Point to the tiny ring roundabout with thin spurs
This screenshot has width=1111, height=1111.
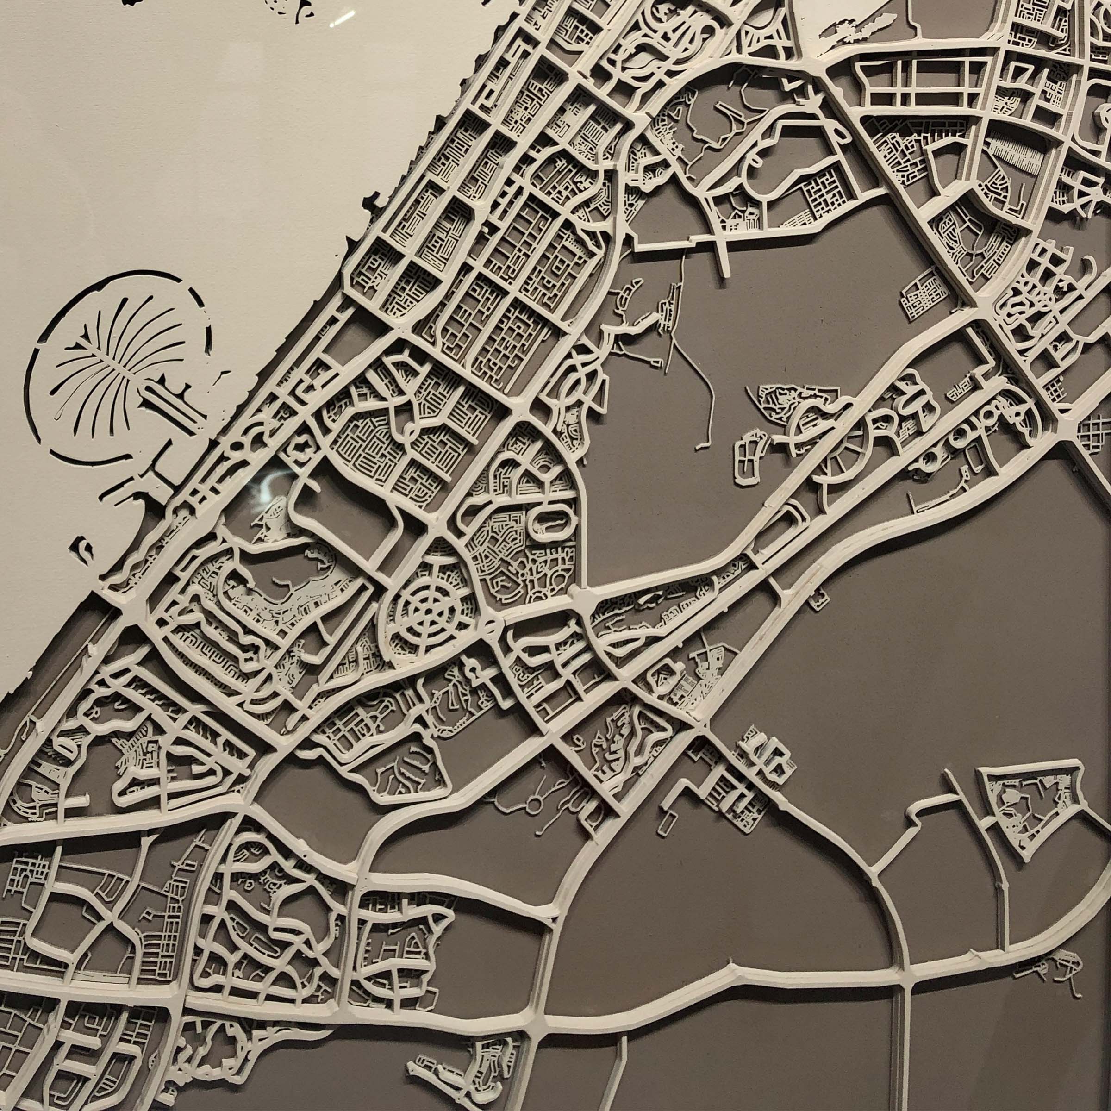tap(532, 798)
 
